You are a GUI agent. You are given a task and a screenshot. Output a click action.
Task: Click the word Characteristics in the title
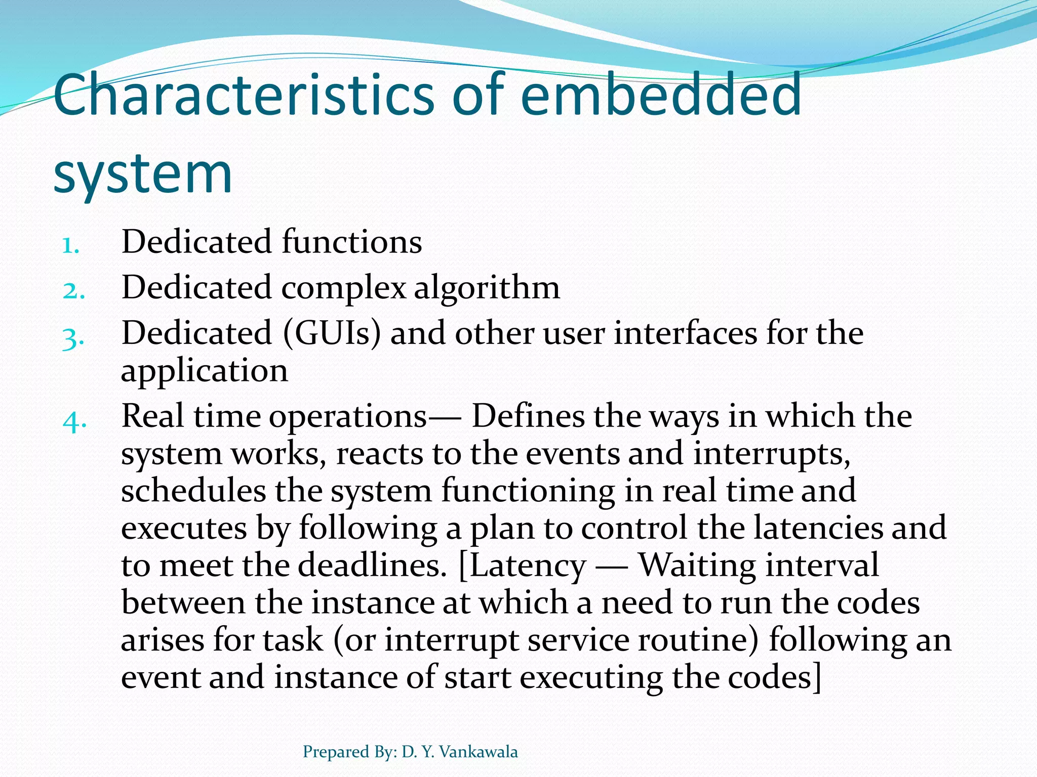tap(243, 95)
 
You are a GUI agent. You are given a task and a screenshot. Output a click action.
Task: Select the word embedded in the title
tap(661, 95)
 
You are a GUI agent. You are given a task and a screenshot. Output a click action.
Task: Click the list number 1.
tap(70, 245)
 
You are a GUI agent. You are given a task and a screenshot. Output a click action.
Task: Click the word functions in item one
tap(351, 241)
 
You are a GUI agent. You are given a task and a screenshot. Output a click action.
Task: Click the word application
tap(205, 371)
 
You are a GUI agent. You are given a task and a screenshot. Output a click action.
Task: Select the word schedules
tap(193, 491)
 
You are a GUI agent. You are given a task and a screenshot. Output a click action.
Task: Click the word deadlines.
tap(372, 566)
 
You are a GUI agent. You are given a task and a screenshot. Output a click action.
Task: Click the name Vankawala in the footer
tap(478, 752)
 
